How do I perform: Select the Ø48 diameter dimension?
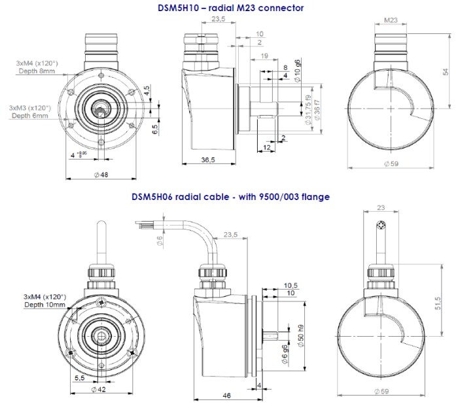point(101,175)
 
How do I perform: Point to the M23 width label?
point(390,20)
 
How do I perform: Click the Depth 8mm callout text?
point(37,70)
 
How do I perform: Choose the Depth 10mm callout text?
point(44,305)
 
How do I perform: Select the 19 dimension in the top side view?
point(262,57)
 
